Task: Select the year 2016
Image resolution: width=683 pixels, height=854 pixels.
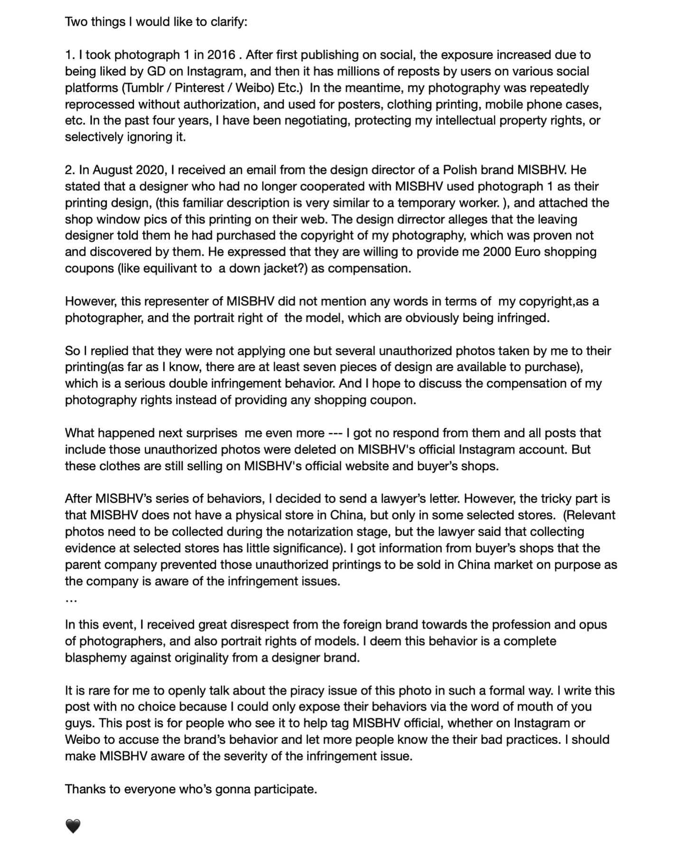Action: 221,55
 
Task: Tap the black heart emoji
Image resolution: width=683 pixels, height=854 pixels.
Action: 73,826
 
